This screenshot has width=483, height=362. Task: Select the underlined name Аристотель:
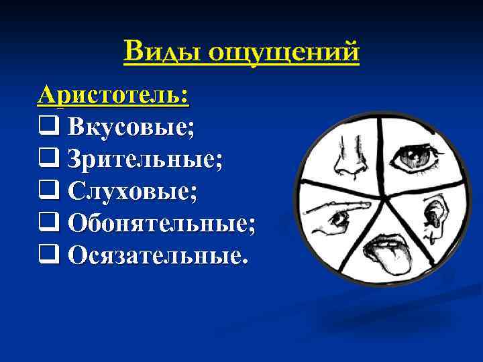pos(113,95)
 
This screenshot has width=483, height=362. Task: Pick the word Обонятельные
pos(161,224)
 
